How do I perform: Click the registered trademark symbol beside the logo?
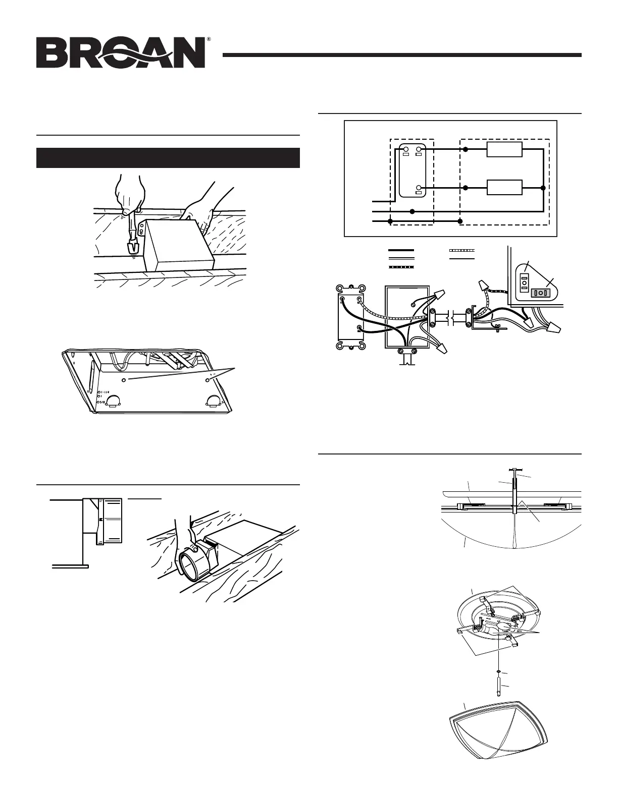pyautogui.click(x=209, y=39)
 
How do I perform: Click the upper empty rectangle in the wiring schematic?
pyautogui.click(x=503, y=150)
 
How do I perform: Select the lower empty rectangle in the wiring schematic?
pyautogui.click(x=503, y=187)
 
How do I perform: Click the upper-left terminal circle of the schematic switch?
pyautogui.click(x=404, y=149)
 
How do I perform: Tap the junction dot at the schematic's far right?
pyautogui.click(x=543, y=188)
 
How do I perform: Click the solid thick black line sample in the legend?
pyautogui.click(x=401, y=250)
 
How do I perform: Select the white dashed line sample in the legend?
pyautogui.click(x=462, y=250)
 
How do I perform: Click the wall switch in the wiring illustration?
pyautogui.click(x=350, y=316)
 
